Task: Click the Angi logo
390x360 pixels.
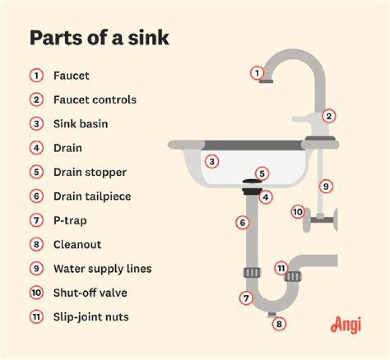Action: tap(345, 324)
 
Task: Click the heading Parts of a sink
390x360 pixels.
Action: tap(99, 37)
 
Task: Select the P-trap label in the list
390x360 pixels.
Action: tap(70, 220)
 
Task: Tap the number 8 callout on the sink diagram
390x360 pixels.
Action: tap(279, 324)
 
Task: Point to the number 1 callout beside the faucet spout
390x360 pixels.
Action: tap(257, 72)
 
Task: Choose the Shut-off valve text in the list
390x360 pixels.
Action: tap(90, 292)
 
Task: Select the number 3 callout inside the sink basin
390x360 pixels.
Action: tap(212, 161)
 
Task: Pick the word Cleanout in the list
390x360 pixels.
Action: tap(77, 244)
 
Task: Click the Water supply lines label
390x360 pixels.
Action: tap(102, 269)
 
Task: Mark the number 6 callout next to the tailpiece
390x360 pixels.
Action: tap(243, 222)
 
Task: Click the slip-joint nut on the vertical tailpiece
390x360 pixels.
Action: tap(252, 271)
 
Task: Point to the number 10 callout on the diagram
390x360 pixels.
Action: tap(297, 211)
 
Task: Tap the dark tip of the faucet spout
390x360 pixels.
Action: tap(266, 81)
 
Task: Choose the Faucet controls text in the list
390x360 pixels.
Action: tap(95, 100)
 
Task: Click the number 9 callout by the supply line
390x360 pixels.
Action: tap(325, 186)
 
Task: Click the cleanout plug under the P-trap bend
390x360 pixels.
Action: tap(272, 315)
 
